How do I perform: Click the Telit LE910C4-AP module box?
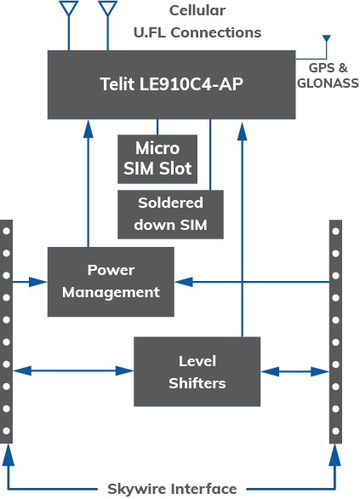(171, 84)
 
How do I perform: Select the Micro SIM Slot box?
(157, 159)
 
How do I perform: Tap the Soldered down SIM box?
(170, 215)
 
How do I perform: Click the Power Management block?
(111, 282)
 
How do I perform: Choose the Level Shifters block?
(197, 371)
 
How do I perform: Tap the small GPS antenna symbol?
(327, 38)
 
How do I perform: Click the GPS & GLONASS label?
(328, 76)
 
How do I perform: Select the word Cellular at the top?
(197, 10)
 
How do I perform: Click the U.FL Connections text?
(197, 32)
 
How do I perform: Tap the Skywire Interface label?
(172, 489)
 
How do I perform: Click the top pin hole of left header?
(6, 231)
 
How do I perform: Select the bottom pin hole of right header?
(335, 431)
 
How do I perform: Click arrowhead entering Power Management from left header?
(38, 282)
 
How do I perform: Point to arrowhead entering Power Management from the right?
(184, 282)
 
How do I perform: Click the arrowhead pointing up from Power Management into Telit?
(89, 129)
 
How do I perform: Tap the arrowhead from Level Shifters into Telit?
(243, 131)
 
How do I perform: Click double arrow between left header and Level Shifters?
(73, 370)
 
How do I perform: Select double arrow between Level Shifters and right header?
(294, 371)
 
